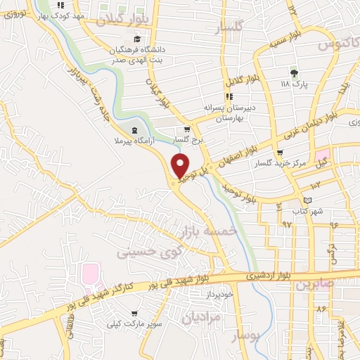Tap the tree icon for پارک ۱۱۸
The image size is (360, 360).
(x=294, y=73)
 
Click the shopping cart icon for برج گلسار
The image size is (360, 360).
(x=187, y=129)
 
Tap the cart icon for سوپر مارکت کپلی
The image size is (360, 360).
(x=134, y=314)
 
